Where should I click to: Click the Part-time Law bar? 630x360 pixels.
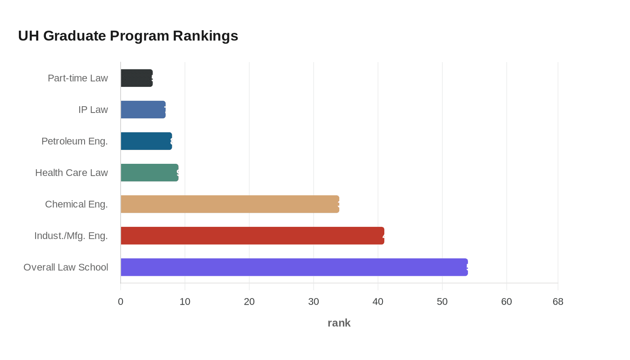137,78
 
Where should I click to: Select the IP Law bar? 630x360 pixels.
143,110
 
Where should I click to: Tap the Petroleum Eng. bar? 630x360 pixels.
146,141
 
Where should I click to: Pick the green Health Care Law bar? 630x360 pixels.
149,173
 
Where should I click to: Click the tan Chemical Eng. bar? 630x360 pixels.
230,204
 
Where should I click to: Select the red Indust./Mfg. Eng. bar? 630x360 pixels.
252,236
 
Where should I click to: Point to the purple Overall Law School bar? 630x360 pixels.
294,267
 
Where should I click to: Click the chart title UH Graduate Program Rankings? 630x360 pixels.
128,36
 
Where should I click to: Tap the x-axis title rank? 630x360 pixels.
339,323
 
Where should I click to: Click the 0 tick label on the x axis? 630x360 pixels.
121,302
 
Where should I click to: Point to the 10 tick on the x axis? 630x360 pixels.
185,302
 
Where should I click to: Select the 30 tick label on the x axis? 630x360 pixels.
314,302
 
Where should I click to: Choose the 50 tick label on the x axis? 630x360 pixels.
442,302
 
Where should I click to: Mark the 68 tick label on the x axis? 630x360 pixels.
558,302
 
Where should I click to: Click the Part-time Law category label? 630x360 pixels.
78,78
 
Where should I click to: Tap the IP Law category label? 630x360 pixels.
93,110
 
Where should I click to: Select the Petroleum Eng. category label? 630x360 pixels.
75,141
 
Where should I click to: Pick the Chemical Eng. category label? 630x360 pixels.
76,204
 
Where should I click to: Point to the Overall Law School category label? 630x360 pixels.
66,267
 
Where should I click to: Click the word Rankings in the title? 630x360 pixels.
205,36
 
